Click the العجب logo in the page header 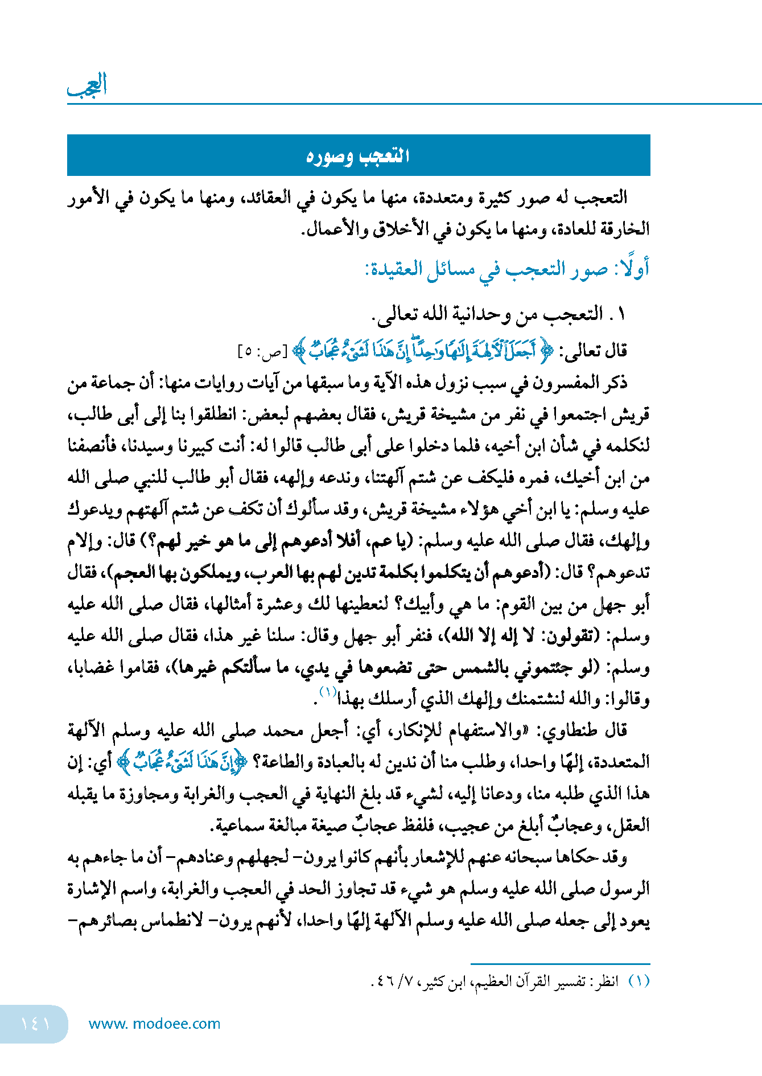point(88,85)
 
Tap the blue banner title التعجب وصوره point(358,155)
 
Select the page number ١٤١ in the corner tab point(35,1024)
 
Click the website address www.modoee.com point(154,1024)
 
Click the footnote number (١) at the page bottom point(639,981)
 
